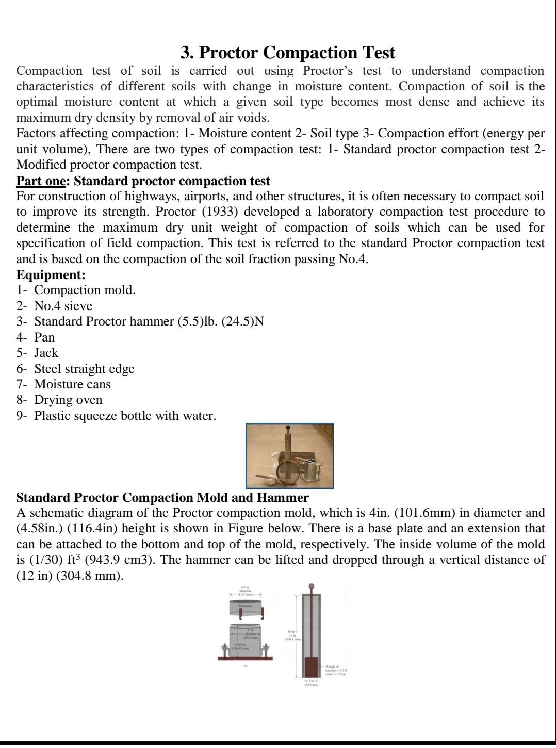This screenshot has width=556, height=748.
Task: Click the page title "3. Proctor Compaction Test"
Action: pyautogui.click(x=288, y=53)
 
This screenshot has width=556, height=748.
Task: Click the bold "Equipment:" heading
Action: pyautogui.click(x=51, y=274)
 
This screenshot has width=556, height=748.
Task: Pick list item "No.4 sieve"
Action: pyautogui.click(x=63, y=306)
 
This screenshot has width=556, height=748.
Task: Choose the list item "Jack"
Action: pyautogui.click(x=46, y=353)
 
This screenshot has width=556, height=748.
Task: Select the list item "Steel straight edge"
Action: pyautogui.click(x=84, y=369)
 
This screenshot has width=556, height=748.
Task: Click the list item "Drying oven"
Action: pyautogui.click(x=68, y=400)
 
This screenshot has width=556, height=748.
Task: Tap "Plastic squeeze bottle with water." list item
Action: pyautogui.click(x=125, y=416)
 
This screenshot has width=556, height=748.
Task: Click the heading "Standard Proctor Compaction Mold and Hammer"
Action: pyautogui.click(x=162, y=498)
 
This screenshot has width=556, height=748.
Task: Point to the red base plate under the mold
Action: pyautogui.click(x=245, y=659)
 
